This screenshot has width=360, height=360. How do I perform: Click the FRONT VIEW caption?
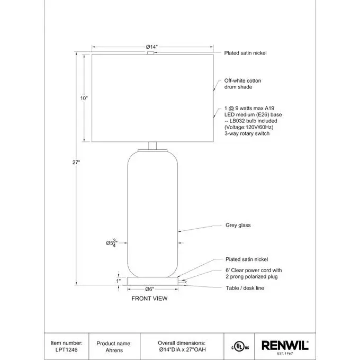tap(149, 299)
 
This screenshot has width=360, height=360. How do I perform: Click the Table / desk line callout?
tap(245, 288)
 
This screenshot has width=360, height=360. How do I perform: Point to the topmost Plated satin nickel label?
tap(246, 53)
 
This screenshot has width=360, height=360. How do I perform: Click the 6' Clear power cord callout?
tap(251, 273)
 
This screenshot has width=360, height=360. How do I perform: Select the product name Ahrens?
tap(113, 350)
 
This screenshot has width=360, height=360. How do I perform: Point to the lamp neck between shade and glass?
tap(152, 147)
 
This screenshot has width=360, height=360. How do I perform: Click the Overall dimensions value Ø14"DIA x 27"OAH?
tap(182, 350)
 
